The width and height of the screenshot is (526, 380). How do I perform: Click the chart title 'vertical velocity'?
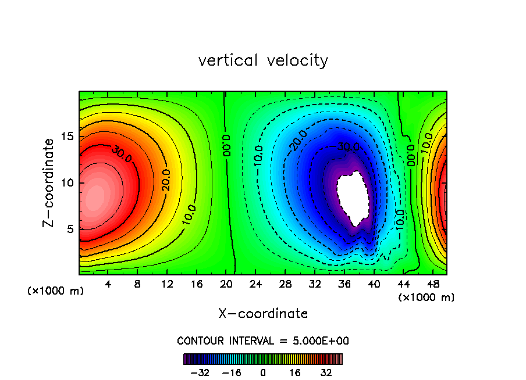pos(263,60)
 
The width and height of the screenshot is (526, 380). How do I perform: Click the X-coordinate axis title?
pos(263,314)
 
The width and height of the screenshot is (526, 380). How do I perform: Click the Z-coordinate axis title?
pos(49,182)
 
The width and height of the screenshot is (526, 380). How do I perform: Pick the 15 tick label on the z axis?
pos(69,137)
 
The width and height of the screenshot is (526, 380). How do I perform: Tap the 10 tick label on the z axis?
pos(69,182)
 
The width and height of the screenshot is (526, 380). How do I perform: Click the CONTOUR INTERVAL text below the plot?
pos(263,340)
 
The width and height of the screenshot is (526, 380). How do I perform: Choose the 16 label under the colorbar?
pos(295,372)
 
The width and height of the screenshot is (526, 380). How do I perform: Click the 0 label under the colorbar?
pos(263,372)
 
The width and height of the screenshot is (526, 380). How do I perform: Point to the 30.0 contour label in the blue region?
pos(349,147)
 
